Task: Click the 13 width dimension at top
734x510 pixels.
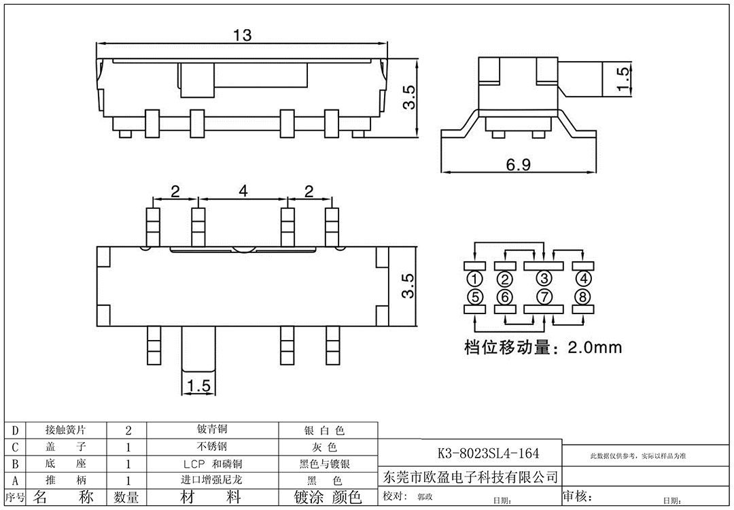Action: click(242, 35)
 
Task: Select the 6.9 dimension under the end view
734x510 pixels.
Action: click(518, 165)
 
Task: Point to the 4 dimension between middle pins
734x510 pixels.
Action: click(243, 192)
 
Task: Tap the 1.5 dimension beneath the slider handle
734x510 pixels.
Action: click(197, 386)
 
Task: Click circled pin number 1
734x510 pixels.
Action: click(475, 278)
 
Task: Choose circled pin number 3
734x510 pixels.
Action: click(544, 278)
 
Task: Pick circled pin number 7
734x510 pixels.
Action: click(544, 296)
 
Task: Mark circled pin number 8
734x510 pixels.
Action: click(582, 296)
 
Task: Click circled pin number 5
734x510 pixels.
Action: click(475, 296)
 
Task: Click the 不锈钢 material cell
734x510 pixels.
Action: click(211, 447)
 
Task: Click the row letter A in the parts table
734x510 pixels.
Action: click(15, 480)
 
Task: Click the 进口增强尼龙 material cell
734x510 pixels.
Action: click(211, 480)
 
